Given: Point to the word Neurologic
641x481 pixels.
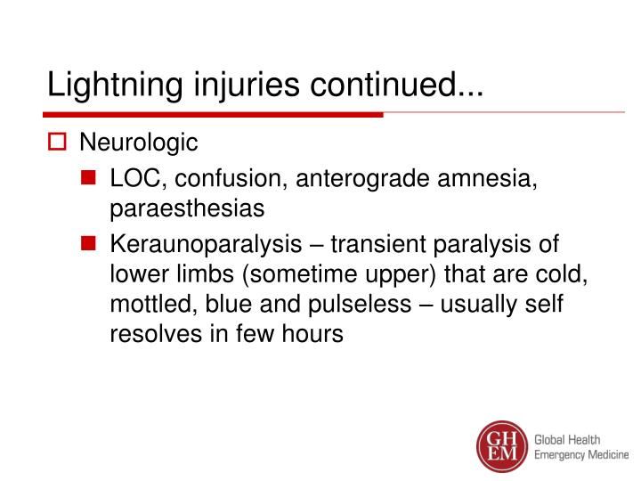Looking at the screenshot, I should [x=139, y=143].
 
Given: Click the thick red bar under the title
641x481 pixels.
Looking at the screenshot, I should [x=214, y=115].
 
